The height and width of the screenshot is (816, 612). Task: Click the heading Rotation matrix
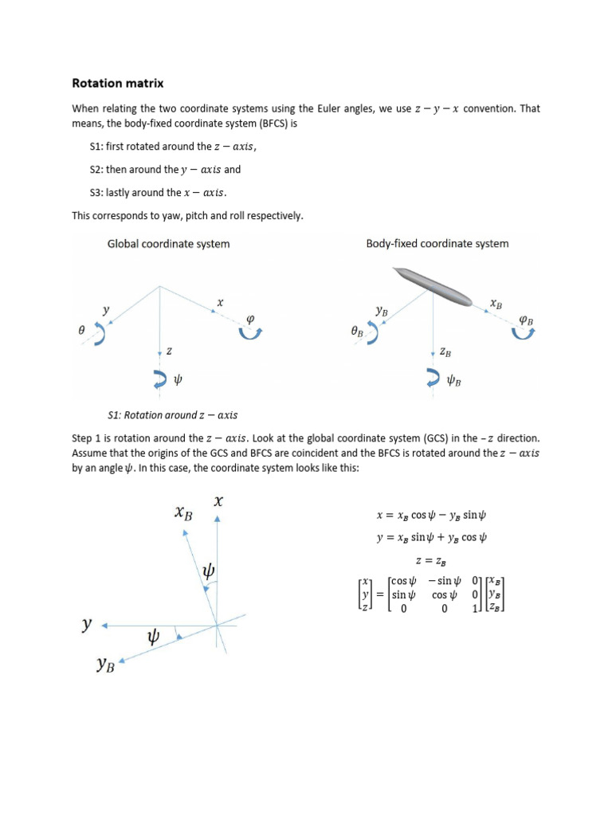118,82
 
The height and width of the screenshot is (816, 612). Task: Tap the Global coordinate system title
168,244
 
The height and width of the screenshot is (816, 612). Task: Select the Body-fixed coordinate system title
437,244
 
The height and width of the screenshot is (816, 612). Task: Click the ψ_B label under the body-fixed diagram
453,381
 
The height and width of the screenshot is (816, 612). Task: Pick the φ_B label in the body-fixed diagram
526,320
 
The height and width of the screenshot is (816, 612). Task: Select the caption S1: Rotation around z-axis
172,415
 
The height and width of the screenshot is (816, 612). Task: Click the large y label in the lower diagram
86,626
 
